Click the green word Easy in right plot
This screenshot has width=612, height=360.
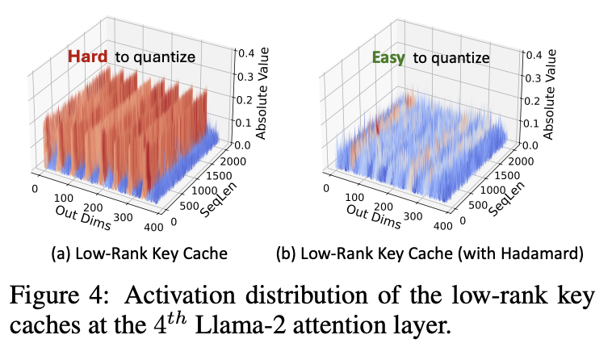point(388,57)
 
